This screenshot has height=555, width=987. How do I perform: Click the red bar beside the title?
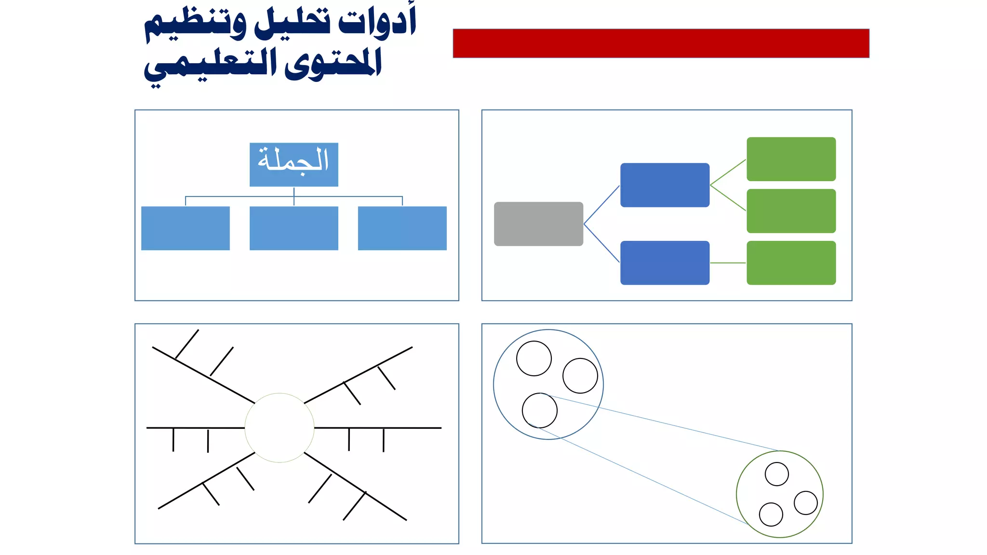[x=661, y=43]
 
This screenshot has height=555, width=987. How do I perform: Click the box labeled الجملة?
[x=293, y=164]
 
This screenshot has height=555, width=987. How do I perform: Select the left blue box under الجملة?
[x=186, y=228]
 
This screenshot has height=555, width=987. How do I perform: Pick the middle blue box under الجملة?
[x=293, y=228]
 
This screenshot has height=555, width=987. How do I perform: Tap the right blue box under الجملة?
[x=402, y=228]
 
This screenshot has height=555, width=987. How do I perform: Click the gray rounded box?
[x=538, y=224]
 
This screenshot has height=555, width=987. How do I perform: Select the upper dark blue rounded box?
[x=665, y=185]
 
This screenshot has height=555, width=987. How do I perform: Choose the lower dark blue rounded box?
[x=665, y=263]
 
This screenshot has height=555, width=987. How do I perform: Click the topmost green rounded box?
[x=791, y=159]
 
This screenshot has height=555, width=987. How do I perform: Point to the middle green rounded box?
[x=791, y=211]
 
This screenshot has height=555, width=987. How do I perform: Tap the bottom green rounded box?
[x=791, y=263]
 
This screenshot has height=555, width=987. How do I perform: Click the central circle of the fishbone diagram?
[x=280, y=428]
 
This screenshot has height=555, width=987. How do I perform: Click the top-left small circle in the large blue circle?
[x=534, y=358]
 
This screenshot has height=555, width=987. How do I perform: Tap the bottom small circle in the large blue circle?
[x=540, y=410]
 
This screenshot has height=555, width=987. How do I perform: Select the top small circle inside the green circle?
[x=777, y=474]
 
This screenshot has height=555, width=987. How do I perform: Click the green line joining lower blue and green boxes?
[x=728, y=263]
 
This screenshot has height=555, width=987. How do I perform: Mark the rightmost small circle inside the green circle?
[x=806, y=503]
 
